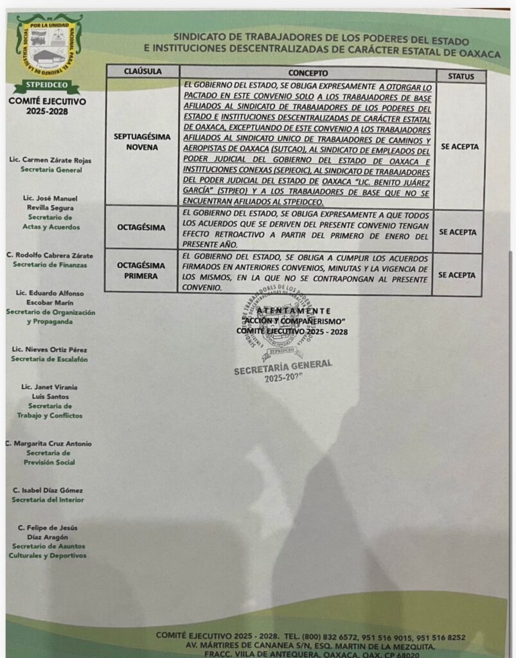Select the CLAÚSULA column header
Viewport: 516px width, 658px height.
pyautogui.click(x=142, y=72)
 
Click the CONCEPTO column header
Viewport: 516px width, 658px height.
pyautogui.click(x=308, y=73)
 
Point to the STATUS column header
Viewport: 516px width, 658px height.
pyautogui.click(x=459, y=76)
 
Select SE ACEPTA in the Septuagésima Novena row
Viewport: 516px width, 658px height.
pyautogui.click(x=459, y=147)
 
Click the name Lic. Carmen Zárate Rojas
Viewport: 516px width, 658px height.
pyautogui.click(x=51, y=159)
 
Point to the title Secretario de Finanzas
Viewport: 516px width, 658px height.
pyautogui.click(x=50, y=265)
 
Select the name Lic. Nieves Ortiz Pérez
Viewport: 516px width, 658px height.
pyautogui.click(x=49, y=349)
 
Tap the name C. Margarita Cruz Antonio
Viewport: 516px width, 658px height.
pyautogui.click(x=48, y=443)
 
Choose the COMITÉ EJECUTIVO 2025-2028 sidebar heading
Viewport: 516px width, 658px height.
pyautogui.click(x=47, y=106)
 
